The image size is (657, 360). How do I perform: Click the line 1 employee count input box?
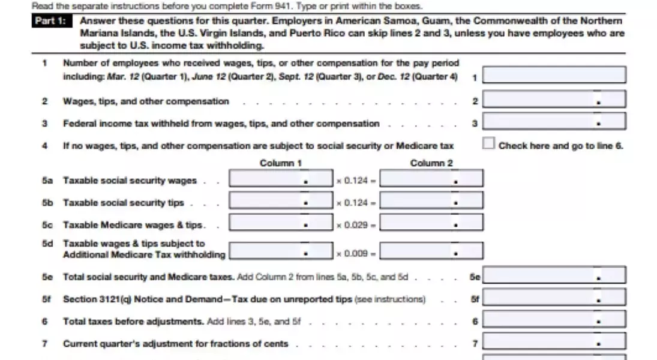tap(554, 75)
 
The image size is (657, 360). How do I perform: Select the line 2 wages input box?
tap(554, 99)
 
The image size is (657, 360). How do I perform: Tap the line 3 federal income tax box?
tap(554, 122)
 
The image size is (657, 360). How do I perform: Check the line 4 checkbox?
tap(488, 144)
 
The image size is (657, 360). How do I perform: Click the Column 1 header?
tap(280, 163)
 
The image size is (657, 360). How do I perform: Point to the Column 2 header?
tap(431, 163)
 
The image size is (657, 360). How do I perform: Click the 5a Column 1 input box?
tap(280, 179)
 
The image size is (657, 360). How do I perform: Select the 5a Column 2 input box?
tap(431, 179)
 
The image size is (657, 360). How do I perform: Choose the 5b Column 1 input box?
tap(280, 201)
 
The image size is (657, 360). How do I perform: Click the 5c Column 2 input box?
tap(431, 223)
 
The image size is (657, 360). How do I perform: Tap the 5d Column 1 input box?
tap(280, 251)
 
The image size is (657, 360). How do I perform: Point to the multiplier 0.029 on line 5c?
tap(356, 225)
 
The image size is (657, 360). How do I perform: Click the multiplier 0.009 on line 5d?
tap(356, 253)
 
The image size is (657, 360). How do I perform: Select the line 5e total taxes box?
tap(554, 275)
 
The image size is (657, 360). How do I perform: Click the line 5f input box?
tap(554, 298)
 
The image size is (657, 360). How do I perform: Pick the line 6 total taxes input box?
tap(554, 320)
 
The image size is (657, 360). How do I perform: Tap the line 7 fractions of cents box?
tap(554, 343)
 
